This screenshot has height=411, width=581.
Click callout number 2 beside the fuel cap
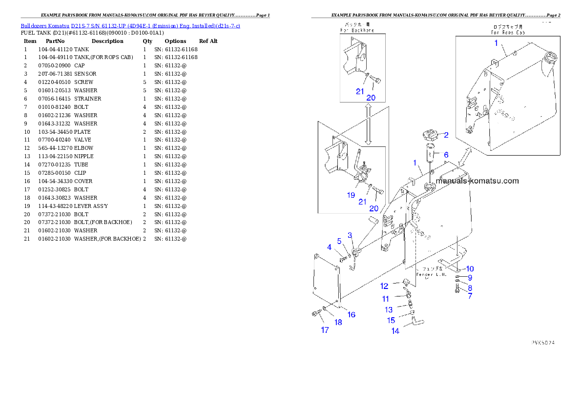446,135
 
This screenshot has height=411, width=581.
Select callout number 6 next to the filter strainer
446,154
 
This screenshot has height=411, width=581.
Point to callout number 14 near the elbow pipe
395,331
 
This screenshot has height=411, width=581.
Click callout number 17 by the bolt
325,330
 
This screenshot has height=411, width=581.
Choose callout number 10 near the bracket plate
469,268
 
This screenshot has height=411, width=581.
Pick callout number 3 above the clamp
350,235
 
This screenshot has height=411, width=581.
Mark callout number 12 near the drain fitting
385,286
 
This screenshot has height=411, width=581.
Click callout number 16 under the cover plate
351,314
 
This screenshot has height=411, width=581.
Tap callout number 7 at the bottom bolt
470,296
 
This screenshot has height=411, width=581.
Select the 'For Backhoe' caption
362,27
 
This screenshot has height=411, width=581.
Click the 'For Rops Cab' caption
508,30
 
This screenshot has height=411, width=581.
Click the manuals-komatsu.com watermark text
477,181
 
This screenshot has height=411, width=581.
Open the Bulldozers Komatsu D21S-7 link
130,26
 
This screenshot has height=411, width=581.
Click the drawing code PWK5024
543,343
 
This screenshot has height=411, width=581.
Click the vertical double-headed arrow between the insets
369,126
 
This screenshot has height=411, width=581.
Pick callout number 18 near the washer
338,322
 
